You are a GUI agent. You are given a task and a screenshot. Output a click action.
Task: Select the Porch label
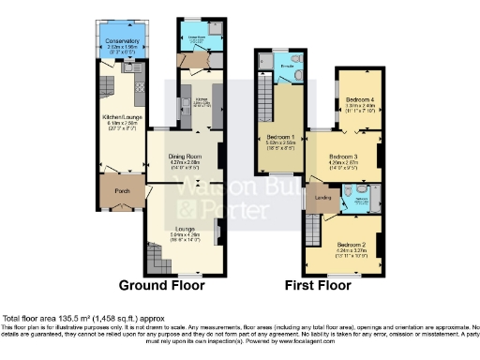122,191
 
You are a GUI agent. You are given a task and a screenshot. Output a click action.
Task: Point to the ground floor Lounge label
184,227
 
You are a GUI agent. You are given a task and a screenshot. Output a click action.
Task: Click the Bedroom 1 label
280,137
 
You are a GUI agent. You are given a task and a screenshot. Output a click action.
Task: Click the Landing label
322,197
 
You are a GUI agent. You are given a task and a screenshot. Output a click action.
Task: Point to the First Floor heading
322,285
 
